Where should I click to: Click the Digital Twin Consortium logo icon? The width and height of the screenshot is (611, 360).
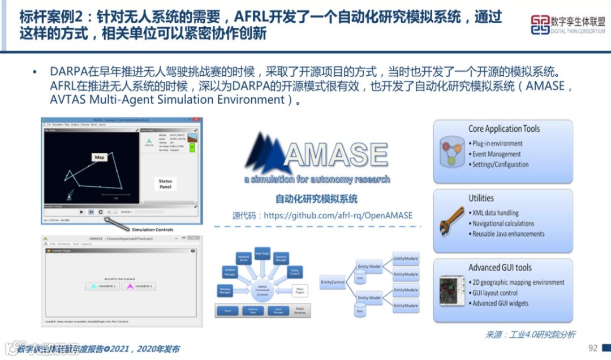540,24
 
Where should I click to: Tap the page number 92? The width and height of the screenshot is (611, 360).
592,348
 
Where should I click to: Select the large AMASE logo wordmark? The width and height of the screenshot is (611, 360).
317,155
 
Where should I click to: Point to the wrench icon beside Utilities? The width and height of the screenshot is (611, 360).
451,222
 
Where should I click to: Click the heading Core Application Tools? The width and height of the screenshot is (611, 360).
504,129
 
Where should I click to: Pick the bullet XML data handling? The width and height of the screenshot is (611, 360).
495,213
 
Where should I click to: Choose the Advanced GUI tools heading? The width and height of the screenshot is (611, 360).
500,268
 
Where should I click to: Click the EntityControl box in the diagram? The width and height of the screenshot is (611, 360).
333,281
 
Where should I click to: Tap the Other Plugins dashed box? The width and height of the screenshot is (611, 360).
300,290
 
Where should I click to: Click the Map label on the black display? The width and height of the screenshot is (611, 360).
100,157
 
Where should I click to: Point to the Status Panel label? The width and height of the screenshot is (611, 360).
165,185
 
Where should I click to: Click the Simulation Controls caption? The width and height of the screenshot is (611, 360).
152,229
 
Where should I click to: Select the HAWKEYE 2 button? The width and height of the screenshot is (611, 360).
140,286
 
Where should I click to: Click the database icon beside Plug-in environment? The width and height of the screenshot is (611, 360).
453,151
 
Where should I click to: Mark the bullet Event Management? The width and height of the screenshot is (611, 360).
496,154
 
